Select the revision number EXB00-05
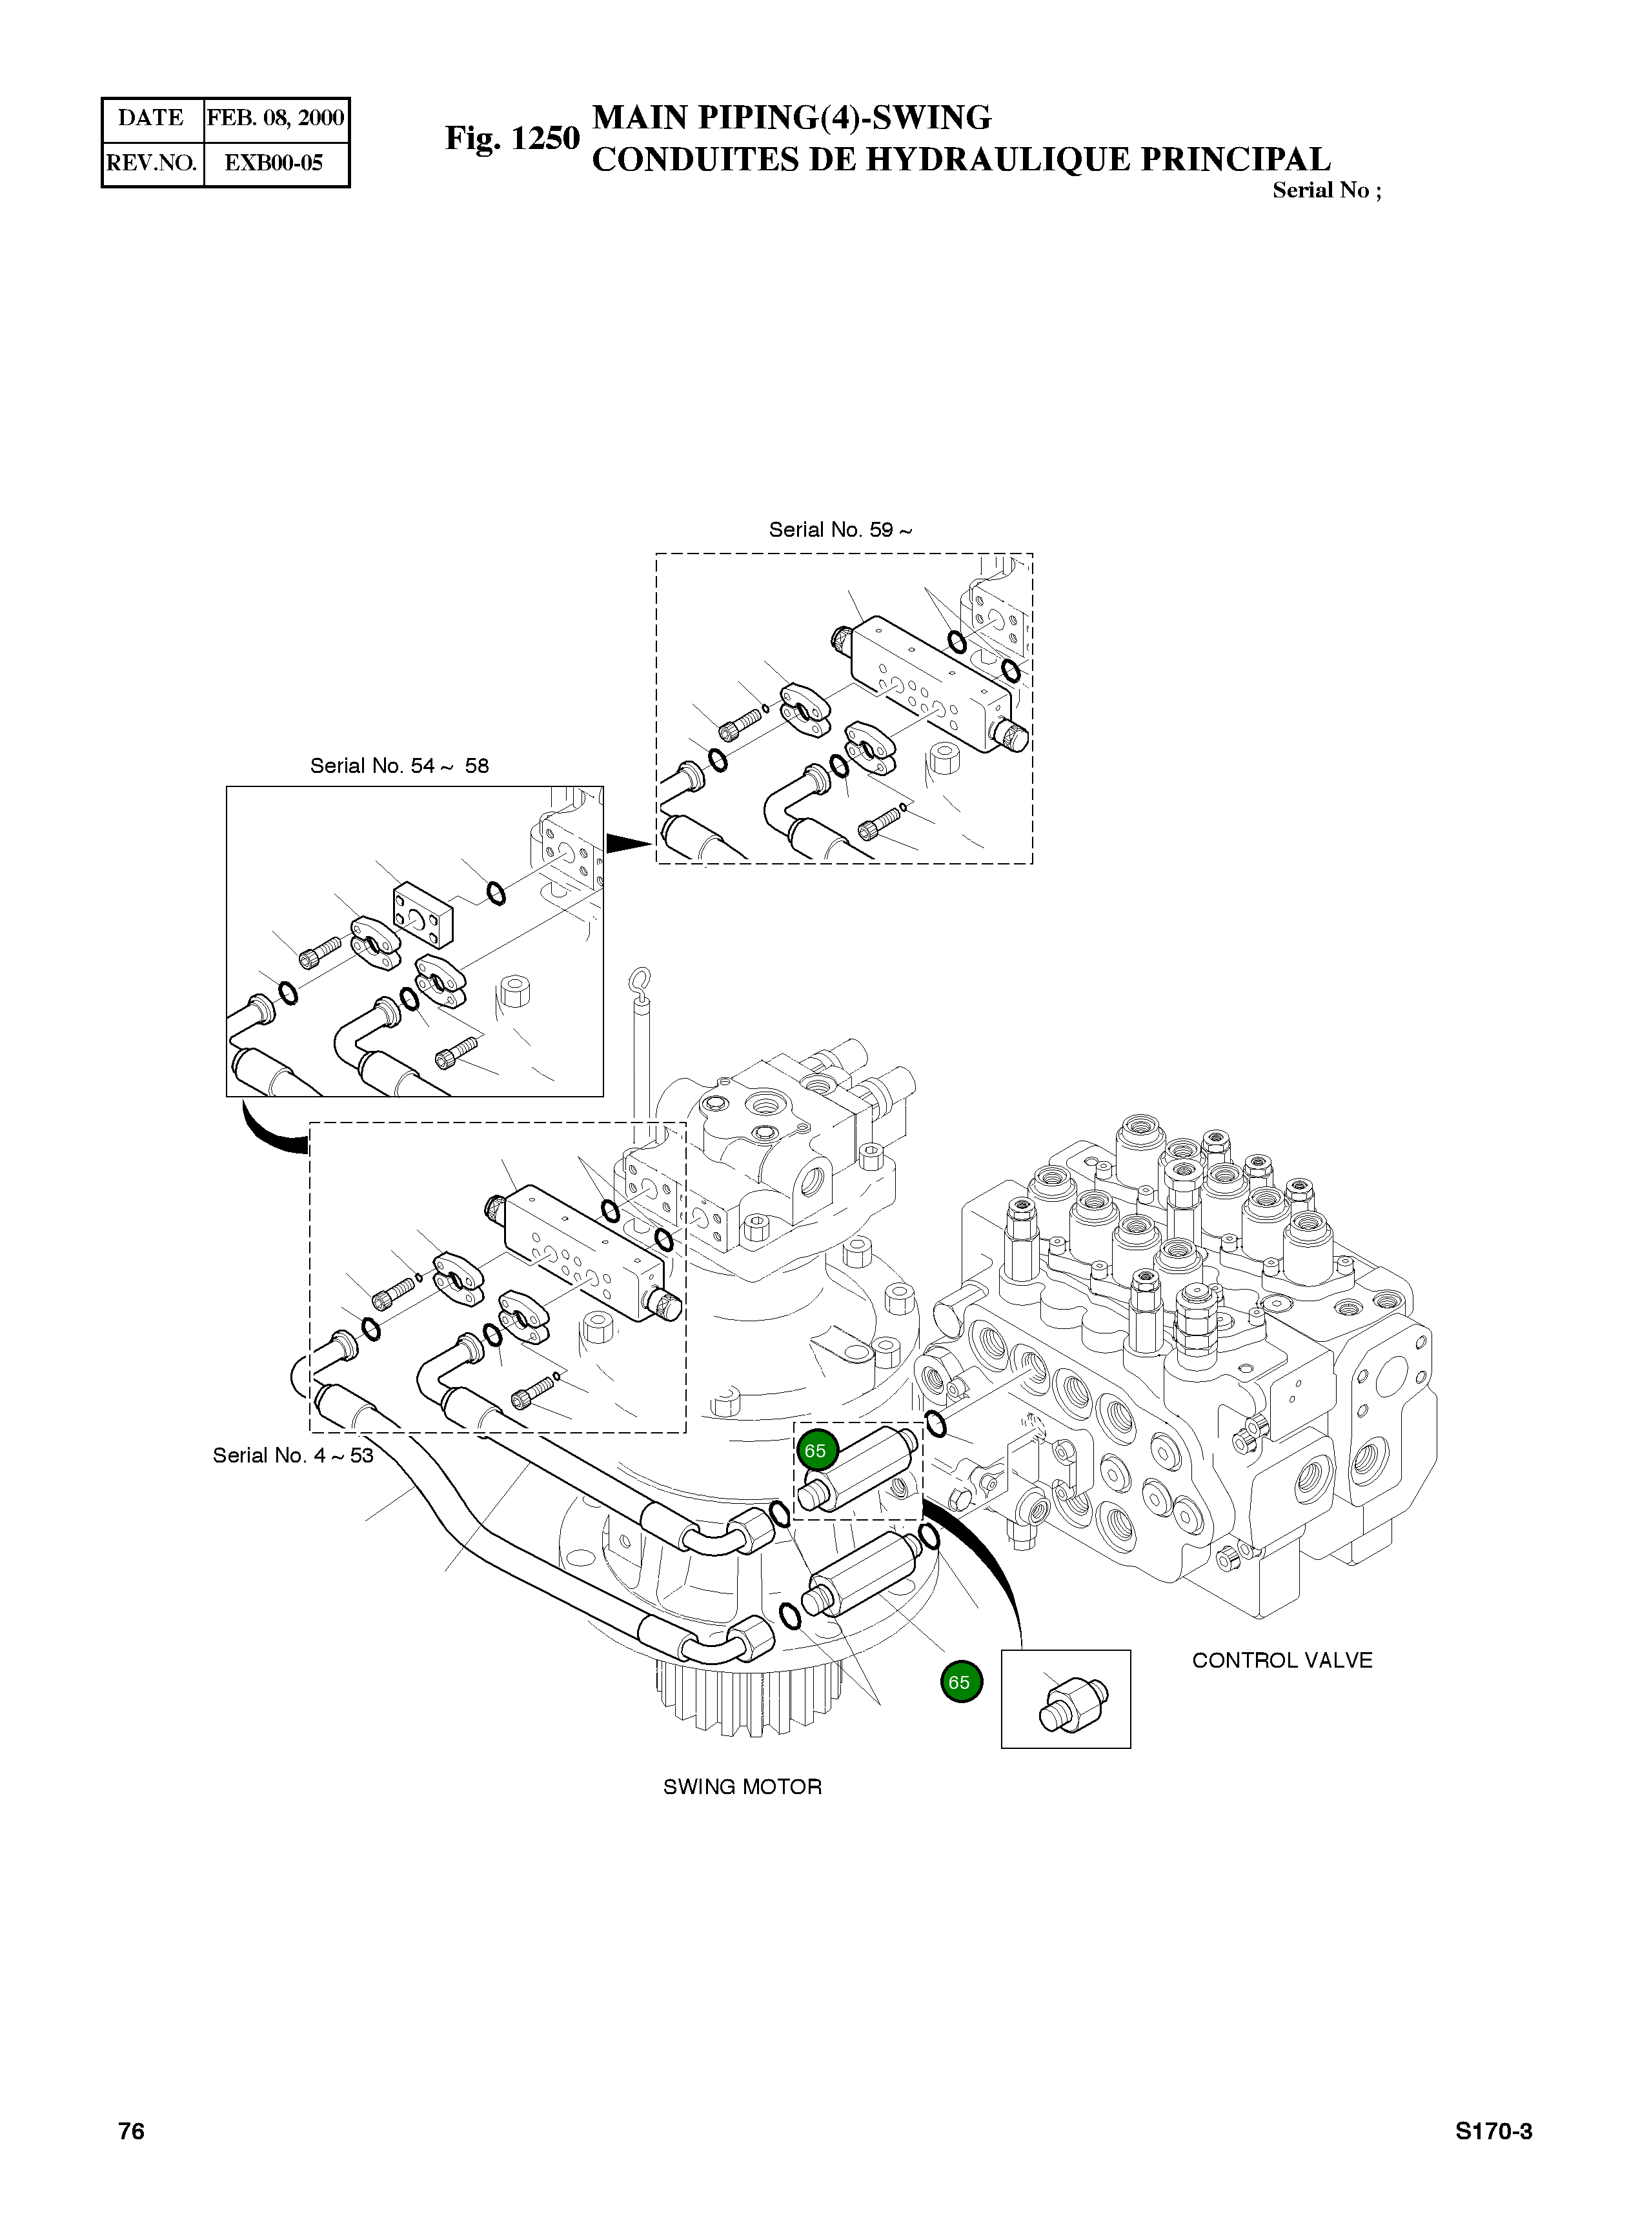274,163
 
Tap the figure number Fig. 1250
512,138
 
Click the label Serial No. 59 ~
840,530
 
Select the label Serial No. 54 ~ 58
400,766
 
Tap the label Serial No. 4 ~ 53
293,1455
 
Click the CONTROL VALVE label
1282,1661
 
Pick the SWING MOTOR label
742,1786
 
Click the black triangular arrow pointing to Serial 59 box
628,843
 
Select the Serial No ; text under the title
1326,191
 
